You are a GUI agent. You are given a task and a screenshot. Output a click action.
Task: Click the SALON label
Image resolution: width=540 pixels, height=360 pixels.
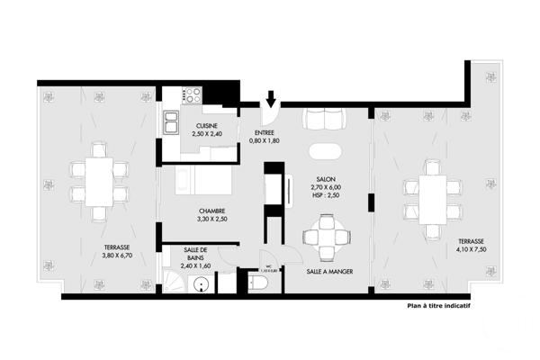(326, 178)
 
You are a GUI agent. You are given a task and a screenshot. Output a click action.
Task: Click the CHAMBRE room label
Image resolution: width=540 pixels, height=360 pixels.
(211, 210)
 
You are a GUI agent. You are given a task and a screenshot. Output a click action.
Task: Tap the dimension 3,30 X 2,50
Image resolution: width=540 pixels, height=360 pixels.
(211, 218)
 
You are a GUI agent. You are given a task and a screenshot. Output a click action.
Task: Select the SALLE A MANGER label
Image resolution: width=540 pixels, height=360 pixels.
(328, 271)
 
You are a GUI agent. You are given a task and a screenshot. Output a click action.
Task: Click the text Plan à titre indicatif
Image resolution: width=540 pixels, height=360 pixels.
(438, 305)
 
